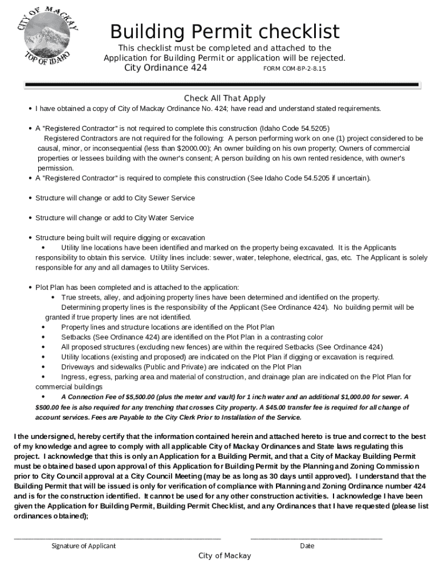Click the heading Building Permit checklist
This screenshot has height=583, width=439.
click(225, 31)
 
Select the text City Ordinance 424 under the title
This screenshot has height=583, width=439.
click(165, 68)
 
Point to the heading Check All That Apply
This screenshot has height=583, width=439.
click(225, 98)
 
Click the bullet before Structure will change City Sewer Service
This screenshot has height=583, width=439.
click(30, 198)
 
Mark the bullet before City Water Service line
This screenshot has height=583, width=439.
click(30, 218)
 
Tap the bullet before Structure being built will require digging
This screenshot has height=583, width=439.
click(30, 237)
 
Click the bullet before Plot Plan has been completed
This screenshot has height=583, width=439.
click(30, 287)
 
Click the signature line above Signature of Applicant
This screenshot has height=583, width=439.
click(117, 538)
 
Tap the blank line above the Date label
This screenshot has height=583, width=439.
click(316, 538)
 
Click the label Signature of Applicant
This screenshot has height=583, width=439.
click(83, 545)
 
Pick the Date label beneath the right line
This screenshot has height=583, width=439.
click(307, 545)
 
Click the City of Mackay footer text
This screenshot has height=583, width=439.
click(225, 556)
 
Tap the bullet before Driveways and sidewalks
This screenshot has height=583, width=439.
click(44, 367)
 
